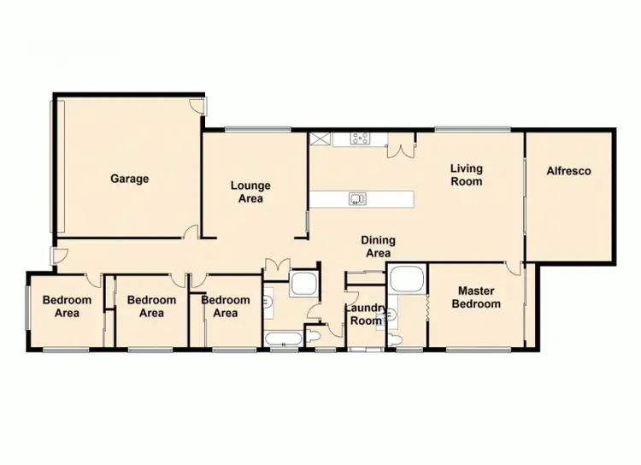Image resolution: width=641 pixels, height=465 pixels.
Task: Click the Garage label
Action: tap(129, 179)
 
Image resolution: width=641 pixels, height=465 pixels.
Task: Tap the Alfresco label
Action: tap(568, 171)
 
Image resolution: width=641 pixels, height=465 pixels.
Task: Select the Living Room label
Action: tap(467, 174)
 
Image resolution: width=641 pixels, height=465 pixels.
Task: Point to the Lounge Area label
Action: tap(251, 191)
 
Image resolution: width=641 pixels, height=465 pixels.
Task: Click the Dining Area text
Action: tap(378, 246)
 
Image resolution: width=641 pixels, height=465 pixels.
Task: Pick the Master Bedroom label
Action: tap(476, 297)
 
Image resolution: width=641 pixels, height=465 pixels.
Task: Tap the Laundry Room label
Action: tap(363, 315)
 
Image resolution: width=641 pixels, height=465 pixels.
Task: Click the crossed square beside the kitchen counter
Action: tap(320, 139)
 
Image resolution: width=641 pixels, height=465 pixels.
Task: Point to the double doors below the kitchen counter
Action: tap(401, 150)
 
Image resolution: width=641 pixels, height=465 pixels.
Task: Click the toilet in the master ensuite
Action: tap(393, 339)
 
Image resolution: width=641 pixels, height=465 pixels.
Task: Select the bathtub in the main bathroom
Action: tap(281, 340)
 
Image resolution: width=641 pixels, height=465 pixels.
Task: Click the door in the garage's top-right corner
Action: tap(197, 105)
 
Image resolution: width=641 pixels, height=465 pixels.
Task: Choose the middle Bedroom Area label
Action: tap(151, 306)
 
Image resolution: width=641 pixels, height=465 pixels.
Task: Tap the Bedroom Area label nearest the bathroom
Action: tap(226, 306)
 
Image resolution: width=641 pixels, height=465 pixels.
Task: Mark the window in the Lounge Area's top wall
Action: tap(257, 129)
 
